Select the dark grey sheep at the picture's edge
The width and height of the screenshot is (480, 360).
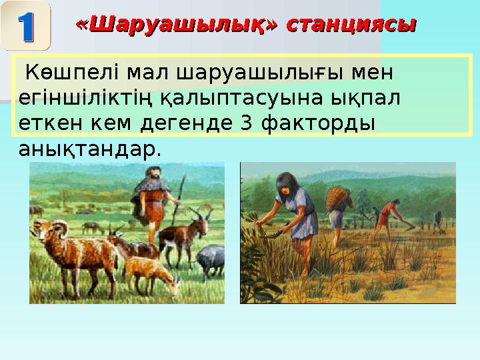pos(212,259)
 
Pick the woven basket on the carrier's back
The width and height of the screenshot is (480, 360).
pos(338,197)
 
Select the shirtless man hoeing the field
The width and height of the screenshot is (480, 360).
pos(385,217)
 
